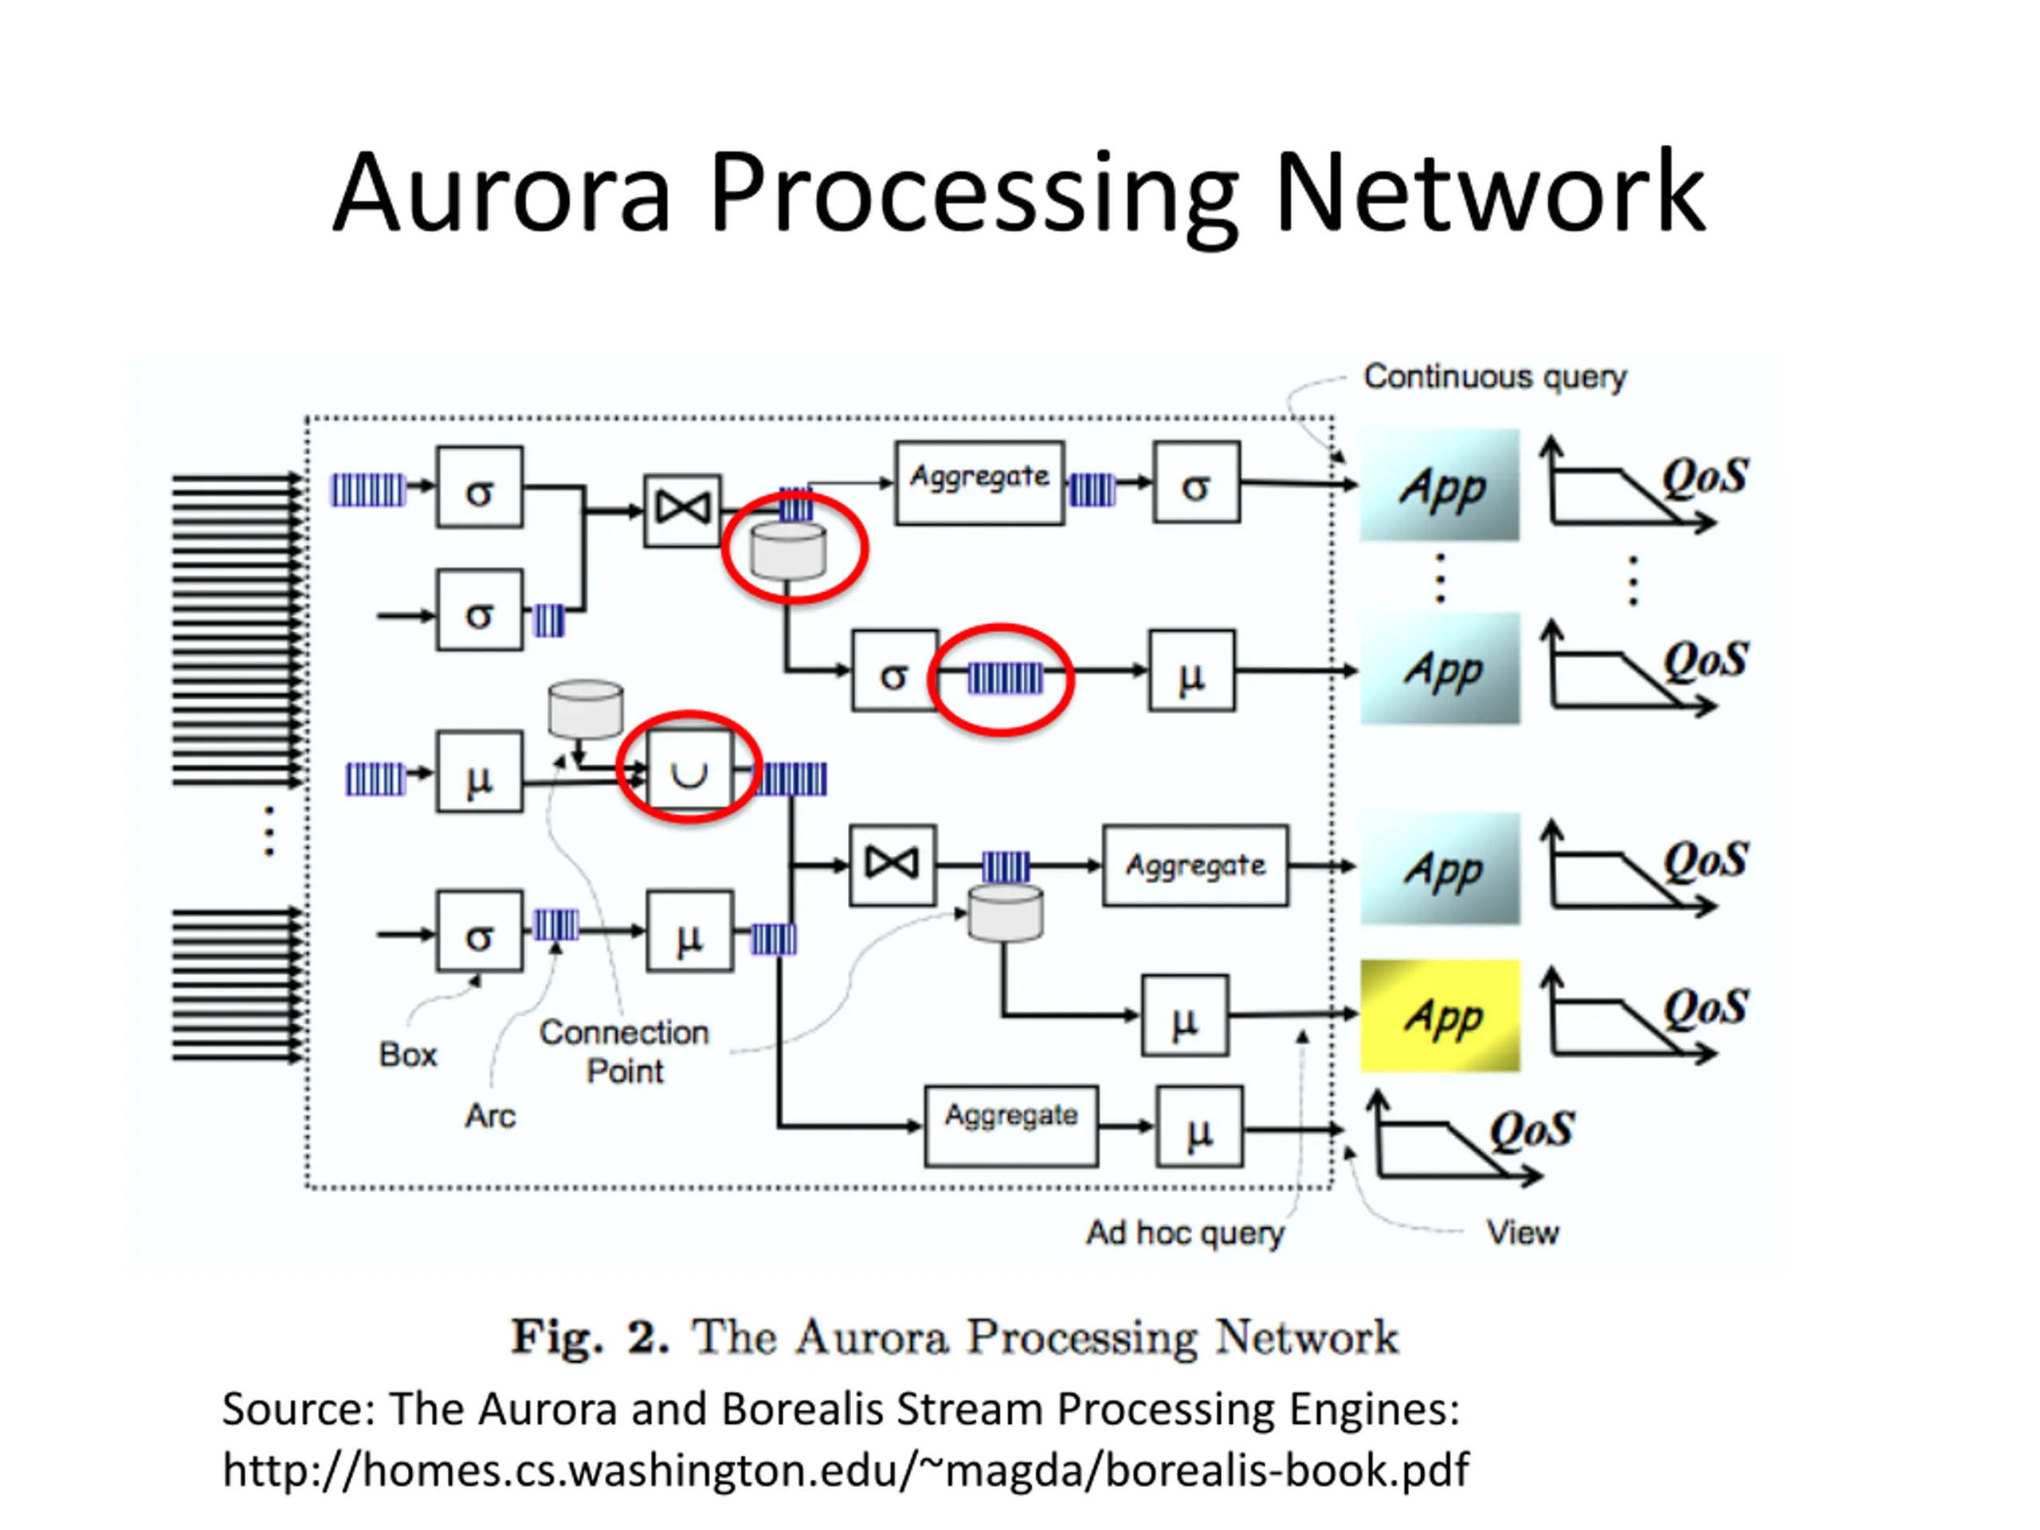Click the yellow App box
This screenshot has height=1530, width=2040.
pos(1440,1015)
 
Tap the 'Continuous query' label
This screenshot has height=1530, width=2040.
pos(1495,377)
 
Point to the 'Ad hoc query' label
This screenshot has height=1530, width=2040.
pos(1185,1233)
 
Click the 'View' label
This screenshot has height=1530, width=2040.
pos(1523,1232)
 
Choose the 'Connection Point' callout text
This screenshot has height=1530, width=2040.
pos(625,1051)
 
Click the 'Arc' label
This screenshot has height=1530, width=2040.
pos(490,1116)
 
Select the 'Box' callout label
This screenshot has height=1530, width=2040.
pos(408,1054)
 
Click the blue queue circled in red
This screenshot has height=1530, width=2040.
pos(1005,678)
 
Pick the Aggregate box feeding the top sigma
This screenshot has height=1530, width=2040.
pos(979,482)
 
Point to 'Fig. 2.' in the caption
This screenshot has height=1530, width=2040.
pos(590,1337)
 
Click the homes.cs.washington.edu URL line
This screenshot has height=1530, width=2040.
pos(845,1469)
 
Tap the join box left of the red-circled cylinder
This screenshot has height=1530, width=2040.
pos(682,510)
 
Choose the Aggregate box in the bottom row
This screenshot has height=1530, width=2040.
pos(1012,1126)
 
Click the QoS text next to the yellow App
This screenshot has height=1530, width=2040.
pos(1705,1007)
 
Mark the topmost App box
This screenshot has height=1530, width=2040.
pos(1440,485)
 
